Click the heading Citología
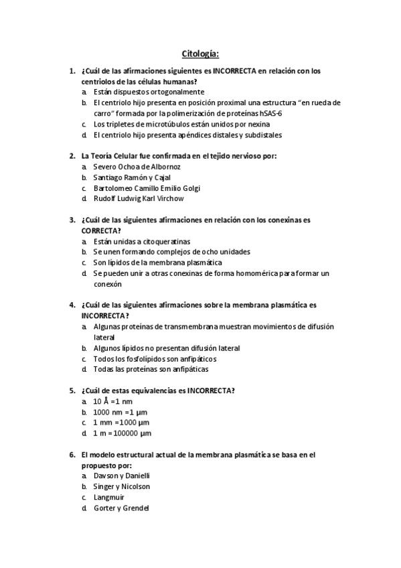pyautogui.click(x=200, y=53)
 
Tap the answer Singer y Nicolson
pyautogui.click(x=122, y=486)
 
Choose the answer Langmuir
pyautogui.click(x=109, y=497)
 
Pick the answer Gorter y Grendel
pyautogui.click(x=121, y=508)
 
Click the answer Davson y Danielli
pyautogui.click(x=122, y=476)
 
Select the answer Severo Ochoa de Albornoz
pyautogui.click(x=137, y=166)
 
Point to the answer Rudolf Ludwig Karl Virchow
pyautogui.click(x=139, y=198)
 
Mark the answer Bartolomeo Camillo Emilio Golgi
pyautogui.click(x=147, y=188)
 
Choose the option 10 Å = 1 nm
pyautogui.click(x=113, y=401)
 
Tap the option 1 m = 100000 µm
pyautogui.click(x=123, y=433)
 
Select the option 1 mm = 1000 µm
pyautogui.click(x=121, y=423)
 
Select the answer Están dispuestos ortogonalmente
pyautogui.click(x=149, y=92)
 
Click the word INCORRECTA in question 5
pyautogui.click(x=210, y=390)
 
